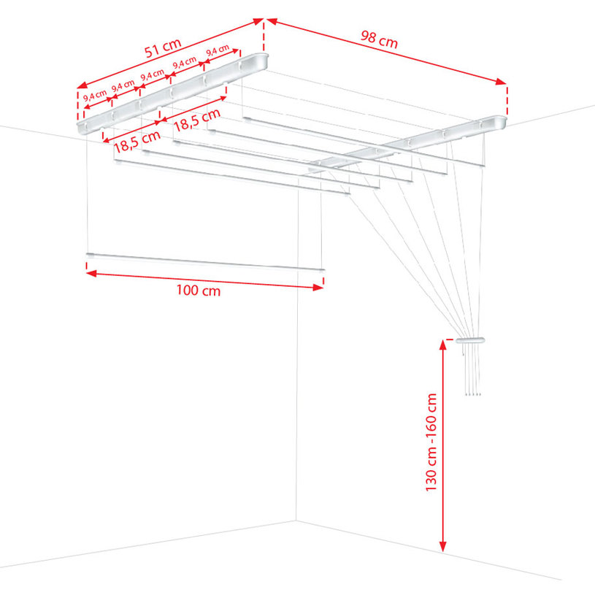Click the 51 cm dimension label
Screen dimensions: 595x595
click(163, 47)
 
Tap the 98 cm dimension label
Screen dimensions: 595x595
click(379, 39)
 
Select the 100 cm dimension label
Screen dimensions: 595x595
click(198, 291)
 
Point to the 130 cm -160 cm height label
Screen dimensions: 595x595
click(431, 442)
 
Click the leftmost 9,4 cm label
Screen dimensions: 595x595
click(95, 94)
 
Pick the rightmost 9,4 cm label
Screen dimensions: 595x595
click(218, 50)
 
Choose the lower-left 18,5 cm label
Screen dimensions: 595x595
click(137, 142)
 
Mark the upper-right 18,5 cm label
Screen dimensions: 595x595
click(197, 120)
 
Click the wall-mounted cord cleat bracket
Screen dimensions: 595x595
click(469, 340)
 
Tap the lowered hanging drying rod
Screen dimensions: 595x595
click(205, 262)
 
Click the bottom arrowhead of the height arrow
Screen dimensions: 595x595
click(442, 547)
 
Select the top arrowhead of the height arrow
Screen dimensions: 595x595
click(442, 345)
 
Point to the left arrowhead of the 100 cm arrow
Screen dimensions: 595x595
click(91, 273)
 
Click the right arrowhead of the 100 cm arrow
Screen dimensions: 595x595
click(318, 288)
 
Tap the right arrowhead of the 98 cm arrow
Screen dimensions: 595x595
click(501, 82)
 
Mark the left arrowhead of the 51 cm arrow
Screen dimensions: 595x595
click(82, 85)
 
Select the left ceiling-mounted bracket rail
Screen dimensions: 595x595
click(172, 93)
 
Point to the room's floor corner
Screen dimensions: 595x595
click(296, 521)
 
